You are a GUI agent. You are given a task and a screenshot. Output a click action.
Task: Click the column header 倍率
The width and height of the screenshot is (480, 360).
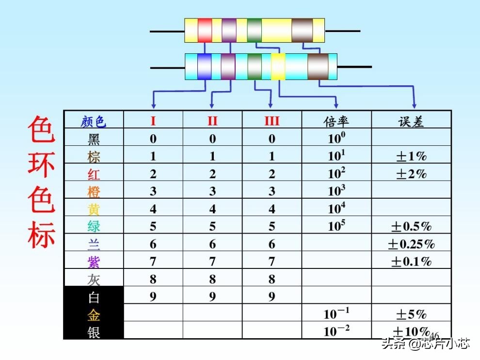(x=336, y=121)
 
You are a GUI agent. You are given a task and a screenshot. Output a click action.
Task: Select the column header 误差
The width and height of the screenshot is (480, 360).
(x=411, y=121)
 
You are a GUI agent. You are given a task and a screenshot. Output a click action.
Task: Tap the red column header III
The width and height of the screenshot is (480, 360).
(x=272, y=121)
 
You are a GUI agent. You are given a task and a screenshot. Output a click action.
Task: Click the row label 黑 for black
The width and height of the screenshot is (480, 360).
(x=94, y=139)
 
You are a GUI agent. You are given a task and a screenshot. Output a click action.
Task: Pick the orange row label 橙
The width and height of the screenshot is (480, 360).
(x=94, y=191)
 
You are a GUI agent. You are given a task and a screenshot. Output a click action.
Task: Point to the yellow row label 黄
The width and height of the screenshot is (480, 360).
(x=94, y=209)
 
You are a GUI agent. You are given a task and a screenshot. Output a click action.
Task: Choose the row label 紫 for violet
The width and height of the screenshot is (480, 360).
(x=94, y=262)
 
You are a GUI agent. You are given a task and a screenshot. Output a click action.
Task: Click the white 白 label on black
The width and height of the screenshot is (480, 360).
(x=94, y=297)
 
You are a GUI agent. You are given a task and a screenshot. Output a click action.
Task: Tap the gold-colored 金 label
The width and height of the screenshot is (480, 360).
(x=94, y=314)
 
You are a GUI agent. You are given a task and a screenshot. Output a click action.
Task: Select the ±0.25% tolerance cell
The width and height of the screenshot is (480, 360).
(x=411, y=244)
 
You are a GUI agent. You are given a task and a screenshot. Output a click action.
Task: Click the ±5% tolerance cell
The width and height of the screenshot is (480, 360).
(x=411, y=314)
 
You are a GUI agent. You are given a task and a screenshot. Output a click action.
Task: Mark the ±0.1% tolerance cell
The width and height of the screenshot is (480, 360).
(x=411, y=262)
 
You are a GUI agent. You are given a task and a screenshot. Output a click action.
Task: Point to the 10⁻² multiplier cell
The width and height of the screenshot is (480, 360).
(x=336, y=331)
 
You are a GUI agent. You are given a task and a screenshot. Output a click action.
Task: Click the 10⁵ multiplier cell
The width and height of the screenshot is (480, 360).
(x=336, y=226)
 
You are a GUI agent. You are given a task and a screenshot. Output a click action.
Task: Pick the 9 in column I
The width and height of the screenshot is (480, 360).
(x=153, y=297)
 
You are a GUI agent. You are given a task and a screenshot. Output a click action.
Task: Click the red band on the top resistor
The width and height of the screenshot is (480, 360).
(x=205, y=30)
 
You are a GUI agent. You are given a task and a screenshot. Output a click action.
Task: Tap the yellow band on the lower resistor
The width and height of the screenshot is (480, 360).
(x=278, y=67)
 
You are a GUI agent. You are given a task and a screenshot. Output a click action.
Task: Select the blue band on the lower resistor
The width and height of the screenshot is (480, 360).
(x=205, y=67)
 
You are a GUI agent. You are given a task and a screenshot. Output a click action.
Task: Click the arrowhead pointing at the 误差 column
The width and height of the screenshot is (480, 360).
(x=414, y=105)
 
